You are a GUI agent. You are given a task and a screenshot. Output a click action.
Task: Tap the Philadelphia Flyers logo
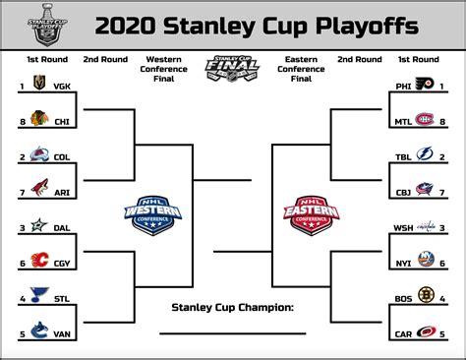tap(424, 87)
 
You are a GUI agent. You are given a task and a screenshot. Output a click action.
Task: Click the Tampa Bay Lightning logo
tap(424, 156)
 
